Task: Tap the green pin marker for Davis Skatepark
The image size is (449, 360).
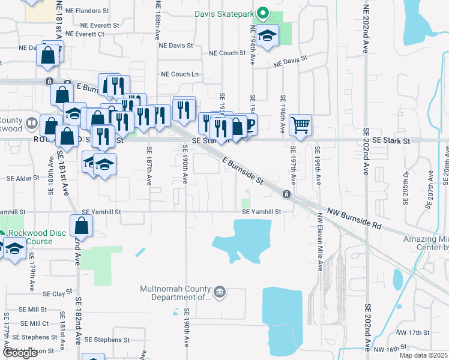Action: [262, 13]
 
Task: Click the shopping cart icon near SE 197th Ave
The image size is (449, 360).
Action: [300, 125]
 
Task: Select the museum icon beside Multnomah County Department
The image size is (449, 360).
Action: [220, 292]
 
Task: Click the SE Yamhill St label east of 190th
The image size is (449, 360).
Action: [261, 212]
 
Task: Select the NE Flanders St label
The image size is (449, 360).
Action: [88, 11]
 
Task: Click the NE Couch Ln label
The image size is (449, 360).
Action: [180, 74]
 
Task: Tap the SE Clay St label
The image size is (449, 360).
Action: [54, 294]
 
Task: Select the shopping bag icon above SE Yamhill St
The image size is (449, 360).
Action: [81, 226]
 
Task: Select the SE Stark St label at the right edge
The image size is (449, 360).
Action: [391, 140]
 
